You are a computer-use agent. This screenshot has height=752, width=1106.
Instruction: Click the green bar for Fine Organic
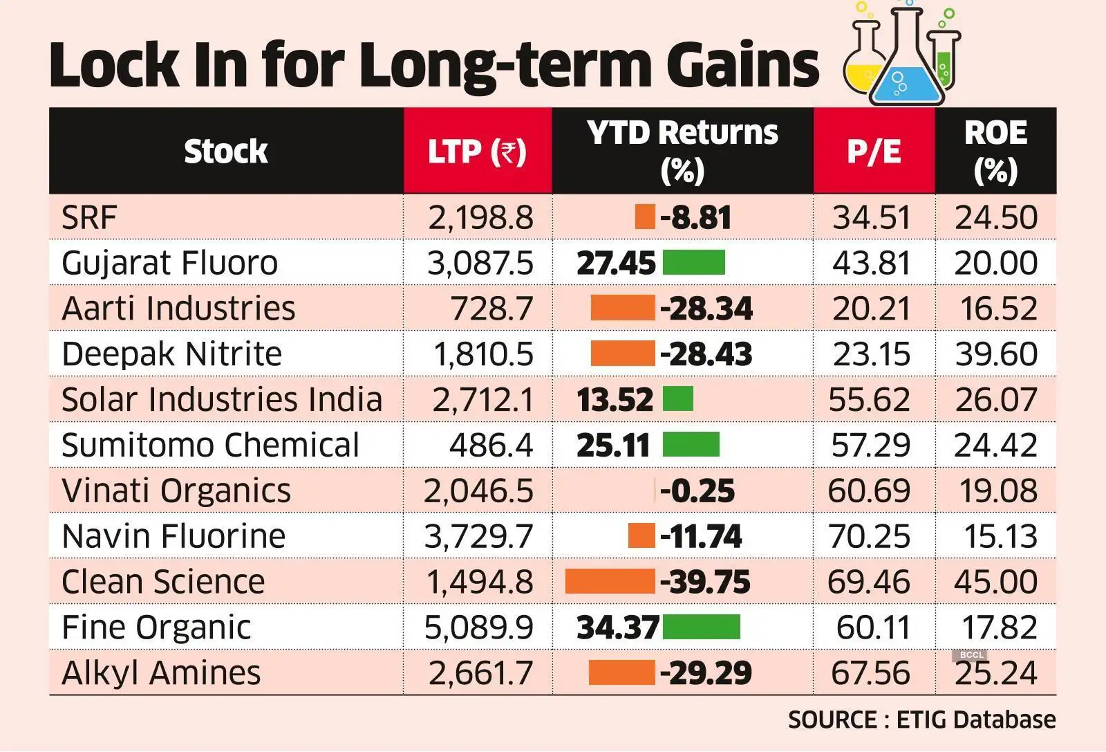pos(701,627)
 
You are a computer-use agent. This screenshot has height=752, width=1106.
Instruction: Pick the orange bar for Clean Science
pos(610,582)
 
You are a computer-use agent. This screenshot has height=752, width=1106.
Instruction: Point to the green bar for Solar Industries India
pos(677,399)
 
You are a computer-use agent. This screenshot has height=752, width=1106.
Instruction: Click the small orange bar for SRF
pos(644,217)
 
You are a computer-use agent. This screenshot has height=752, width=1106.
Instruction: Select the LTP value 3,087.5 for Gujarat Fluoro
pos(480,263)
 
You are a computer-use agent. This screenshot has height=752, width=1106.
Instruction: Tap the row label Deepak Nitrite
pos(171,354)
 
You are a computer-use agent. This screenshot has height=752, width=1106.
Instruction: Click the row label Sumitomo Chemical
pos(210,445)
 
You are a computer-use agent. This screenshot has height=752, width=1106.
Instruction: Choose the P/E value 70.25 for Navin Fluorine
pos(870,536)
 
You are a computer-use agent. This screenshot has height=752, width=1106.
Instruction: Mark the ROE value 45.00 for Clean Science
pos(995,582)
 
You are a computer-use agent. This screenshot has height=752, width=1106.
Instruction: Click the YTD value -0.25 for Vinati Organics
pos(697,490)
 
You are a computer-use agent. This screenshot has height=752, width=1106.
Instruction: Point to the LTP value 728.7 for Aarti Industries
pos(491,309)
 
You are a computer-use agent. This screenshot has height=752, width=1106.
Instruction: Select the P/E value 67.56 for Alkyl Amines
pos(870,673)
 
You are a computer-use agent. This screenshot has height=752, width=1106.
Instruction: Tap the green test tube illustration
pos(944,59)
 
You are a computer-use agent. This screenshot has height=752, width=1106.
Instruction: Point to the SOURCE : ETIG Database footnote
pos(921,719)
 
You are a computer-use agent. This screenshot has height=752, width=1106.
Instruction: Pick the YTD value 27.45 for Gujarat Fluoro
pos(615,263)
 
